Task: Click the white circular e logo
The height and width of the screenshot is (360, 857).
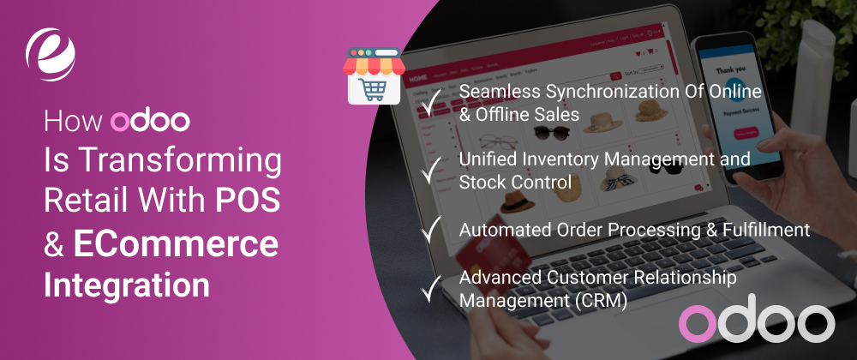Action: coord(52,54)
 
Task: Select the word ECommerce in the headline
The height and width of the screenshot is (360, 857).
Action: coord(176,244)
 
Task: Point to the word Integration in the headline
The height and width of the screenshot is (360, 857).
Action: coord(126,285)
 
